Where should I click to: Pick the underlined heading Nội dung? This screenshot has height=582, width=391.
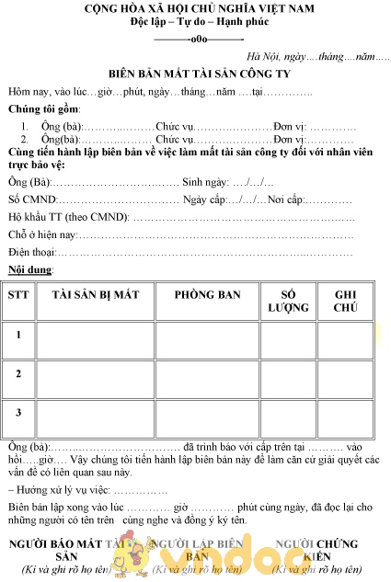pos(29,269)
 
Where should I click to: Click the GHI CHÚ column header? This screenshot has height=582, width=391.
pos(346,301)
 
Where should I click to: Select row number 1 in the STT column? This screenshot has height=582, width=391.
pos(18,336)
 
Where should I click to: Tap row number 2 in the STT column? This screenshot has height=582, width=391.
pos(18,374)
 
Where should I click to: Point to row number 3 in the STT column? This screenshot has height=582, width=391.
pos(18,413)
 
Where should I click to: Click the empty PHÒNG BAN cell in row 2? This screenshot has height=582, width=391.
pos(207,375)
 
